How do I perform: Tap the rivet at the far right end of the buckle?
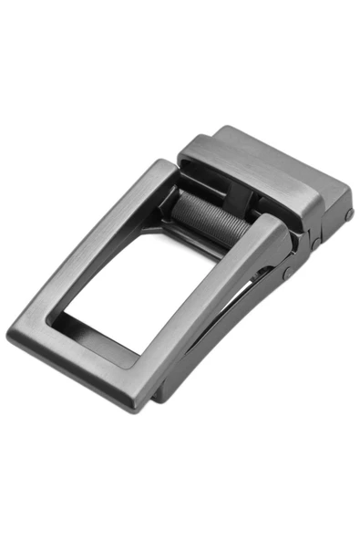348,214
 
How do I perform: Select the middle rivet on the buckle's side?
315,244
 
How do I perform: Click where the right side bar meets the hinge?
278,242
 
